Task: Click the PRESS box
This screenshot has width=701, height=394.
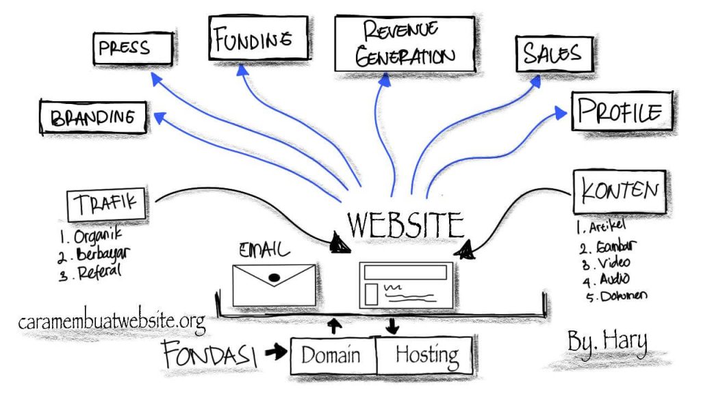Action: coord(132,50)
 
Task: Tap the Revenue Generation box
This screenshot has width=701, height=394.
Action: coord(404,43)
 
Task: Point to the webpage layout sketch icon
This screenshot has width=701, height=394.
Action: coord(405,283)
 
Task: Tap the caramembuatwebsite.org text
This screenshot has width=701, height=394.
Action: coord(112,320)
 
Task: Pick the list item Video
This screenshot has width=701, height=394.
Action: coord(611,263)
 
